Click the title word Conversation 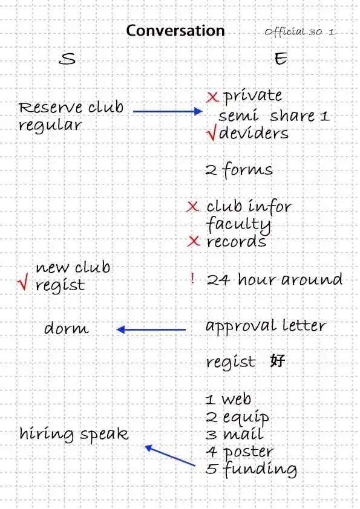point(175,31)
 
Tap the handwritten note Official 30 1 point(299,32)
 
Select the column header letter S point(67,59)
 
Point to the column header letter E point(281,59)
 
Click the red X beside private point(212,97)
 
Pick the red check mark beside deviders point(211,134)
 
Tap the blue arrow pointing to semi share point(168,111)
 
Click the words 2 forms point(239,170)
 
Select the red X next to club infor point(192,207)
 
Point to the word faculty point(238,224)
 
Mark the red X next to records point(194,241)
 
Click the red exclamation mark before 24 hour point(192,279)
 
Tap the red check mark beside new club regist point(23,281)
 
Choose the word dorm point(67,328)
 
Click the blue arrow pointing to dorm point(151,330)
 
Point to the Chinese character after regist point(278,360)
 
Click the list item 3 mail point(234,434)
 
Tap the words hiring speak point(74,434)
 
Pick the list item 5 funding point(251,469)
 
